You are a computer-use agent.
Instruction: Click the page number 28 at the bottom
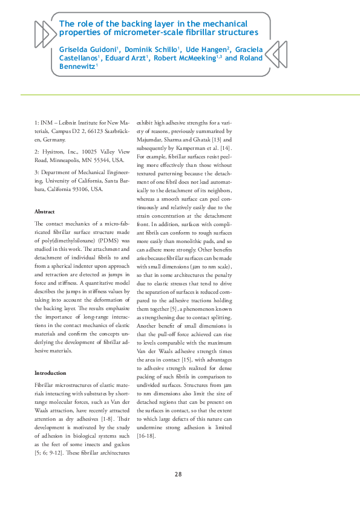[178, 474]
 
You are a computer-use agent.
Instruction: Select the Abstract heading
[45, 212]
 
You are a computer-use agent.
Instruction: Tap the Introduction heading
[51, 373]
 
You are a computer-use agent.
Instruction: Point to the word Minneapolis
[71, 161]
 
